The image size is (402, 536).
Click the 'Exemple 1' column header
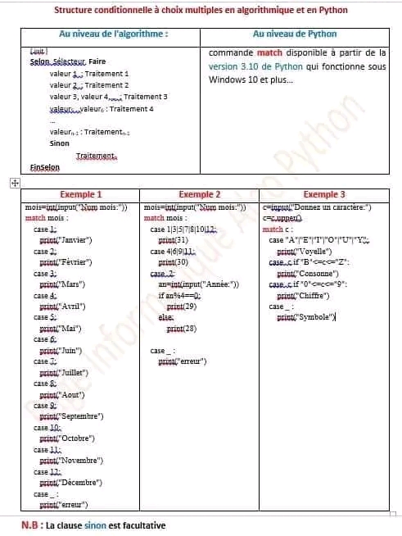[x=82, y=195]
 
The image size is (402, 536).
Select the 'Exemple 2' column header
[x=200, y=195]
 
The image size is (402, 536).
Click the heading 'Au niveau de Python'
[x=290, y=35]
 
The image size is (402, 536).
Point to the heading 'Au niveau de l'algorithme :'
[x=114, y=35]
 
